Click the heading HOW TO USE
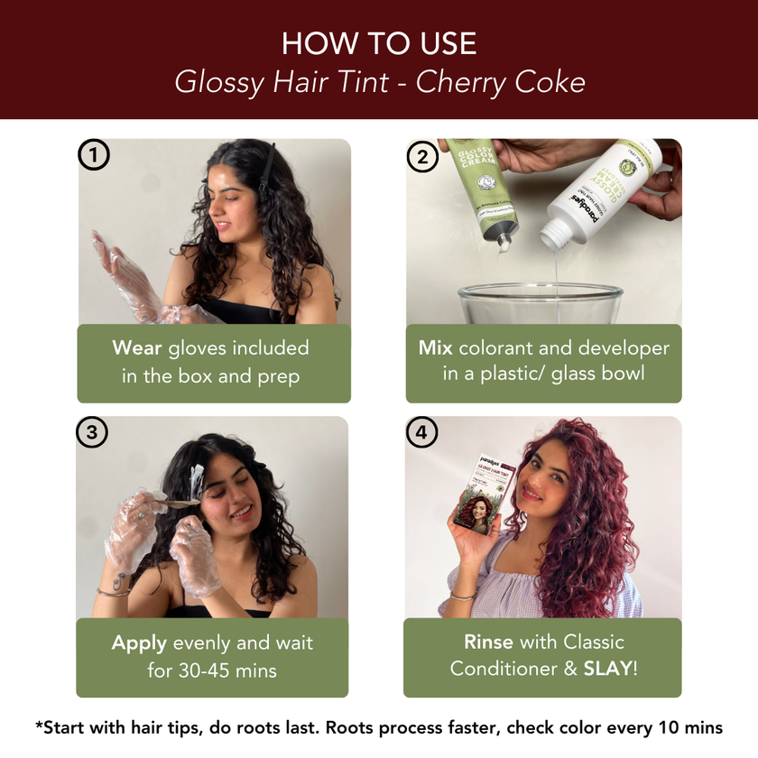379,43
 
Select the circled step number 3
92,433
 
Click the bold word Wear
137,348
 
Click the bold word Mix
435,348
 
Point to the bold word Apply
139,643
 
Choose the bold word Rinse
488,642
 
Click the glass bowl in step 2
541,307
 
